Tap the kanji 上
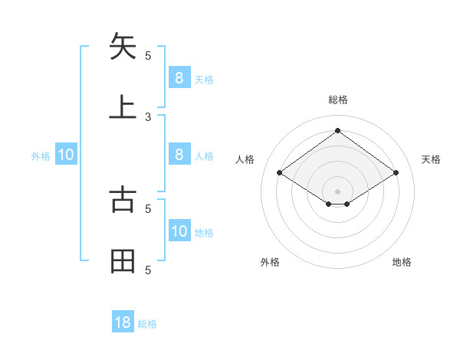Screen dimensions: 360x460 pos(123,106)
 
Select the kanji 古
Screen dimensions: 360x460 pos(123,199)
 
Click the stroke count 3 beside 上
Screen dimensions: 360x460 pos(148,116)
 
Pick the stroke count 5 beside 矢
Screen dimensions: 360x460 pos(148,55)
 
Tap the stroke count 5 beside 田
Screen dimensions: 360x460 pos(148,270)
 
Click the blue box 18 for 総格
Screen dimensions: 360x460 pos(123,322)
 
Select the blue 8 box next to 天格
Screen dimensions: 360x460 pos(179,77)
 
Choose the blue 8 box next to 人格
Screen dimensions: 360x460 pos(179,154)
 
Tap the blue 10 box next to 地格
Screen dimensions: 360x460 pos(179,231)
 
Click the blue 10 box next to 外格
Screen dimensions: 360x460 pos(66,155)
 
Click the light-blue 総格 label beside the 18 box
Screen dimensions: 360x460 pos(147,324)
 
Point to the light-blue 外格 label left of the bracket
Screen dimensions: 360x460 pos(41,156)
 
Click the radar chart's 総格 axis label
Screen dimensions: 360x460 pos(338,100)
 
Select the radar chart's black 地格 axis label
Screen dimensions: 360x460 pos(402,262)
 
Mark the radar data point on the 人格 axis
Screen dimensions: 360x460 pos(280,173)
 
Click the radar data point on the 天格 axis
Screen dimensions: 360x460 pos(396,173)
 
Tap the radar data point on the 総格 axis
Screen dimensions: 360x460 pos(337,131)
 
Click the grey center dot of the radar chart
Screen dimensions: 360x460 pos(337,191)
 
